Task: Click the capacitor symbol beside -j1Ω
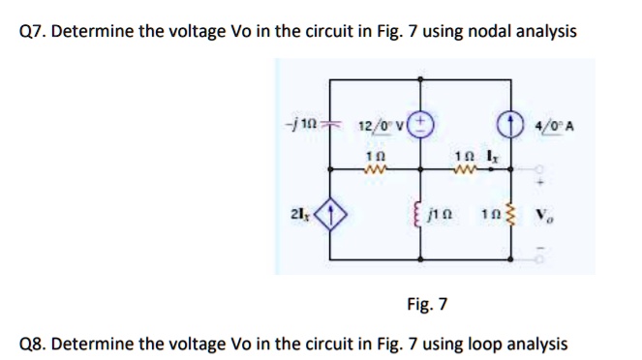coord(328,128)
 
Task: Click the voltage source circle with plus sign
coord(423,125)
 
